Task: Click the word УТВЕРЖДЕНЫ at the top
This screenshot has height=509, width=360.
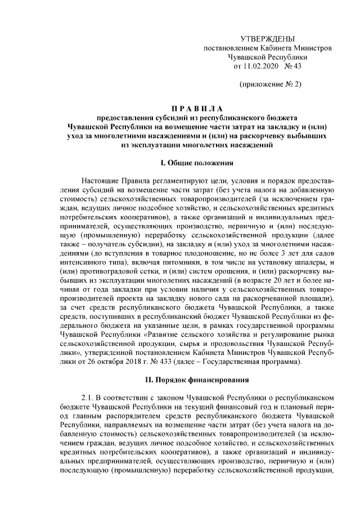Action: (267, 38)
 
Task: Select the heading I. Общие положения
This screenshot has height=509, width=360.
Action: (196, 163)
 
